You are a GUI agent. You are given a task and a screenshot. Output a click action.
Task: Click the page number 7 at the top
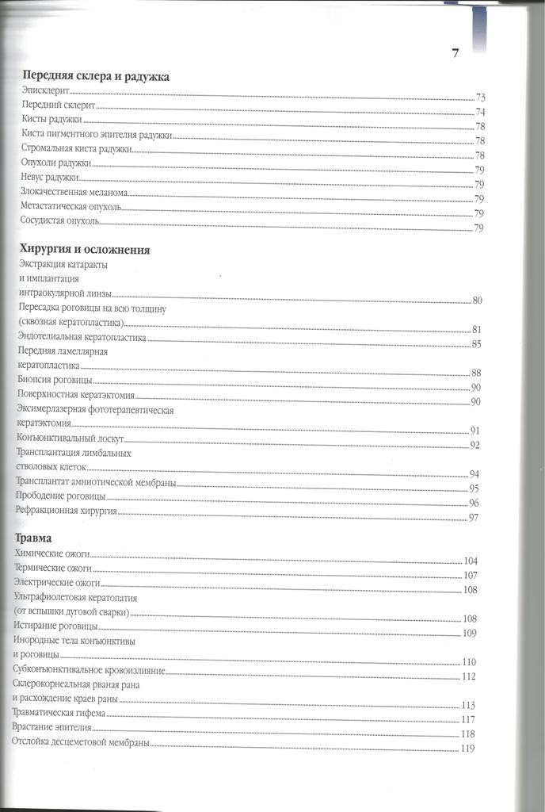click(x=455, y=54)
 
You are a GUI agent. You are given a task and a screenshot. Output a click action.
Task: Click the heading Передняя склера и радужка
click(x=97, y=77)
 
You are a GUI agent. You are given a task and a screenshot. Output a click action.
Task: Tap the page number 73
click(x=480, y=98)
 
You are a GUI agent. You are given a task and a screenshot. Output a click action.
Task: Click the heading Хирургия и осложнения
click(x=84, y=250)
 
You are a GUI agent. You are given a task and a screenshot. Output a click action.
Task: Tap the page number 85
click(x=476, y=344)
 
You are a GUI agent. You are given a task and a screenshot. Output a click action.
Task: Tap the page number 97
click(x=474, y=518)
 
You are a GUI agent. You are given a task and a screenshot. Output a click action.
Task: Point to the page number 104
click(x=471, y=561)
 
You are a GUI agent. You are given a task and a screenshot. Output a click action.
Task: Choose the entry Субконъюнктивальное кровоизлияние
click(x=89, y=670)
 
